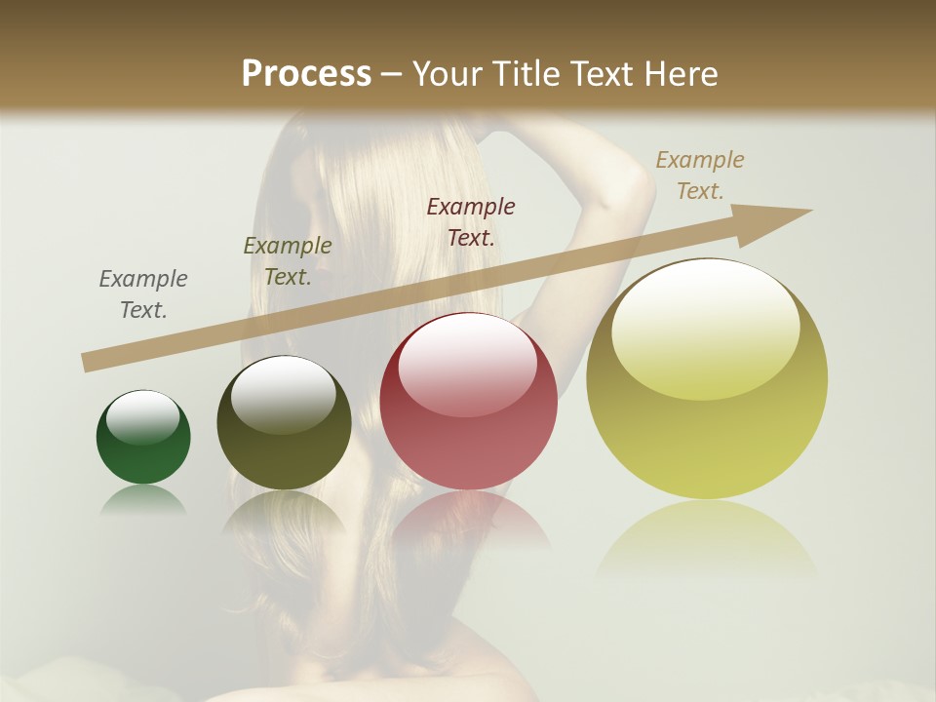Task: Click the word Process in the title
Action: point(306,73)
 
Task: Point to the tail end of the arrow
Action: point(88,362)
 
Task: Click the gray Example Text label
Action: point(143,293)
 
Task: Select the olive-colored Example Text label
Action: point(288,260)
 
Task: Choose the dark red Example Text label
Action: point(471,221)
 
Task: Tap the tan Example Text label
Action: point(700,175)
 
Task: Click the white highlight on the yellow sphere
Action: point(705,327)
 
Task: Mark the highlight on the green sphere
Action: point(143,417)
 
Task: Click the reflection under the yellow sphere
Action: point(707,536)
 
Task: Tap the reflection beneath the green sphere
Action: point(143,500)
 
